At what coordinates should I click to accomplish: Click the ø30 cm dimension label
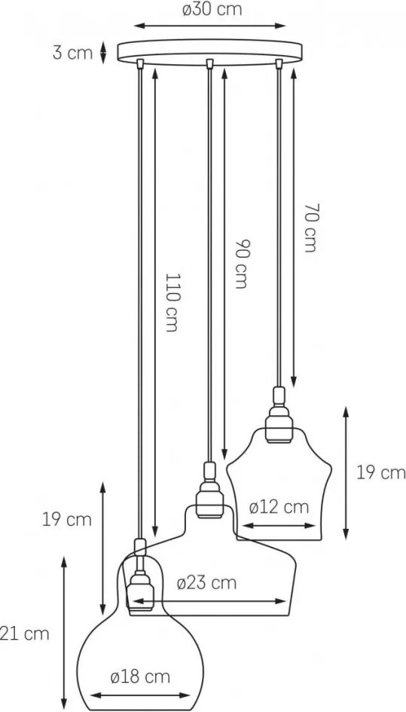pyautogui.click(x=212, y=10)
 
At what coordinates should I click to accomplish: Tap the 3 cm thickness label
pyautogui.click(x=72, y=53)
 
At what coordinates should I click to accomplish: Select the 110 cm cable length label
pyautogui.click(x=171, y=302)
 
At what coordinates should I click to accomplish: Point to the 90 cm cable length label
pyautogui.click(x=241, y=264)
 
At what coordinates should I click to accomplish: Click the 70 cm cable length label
pyautogui.click(x=310, y=227)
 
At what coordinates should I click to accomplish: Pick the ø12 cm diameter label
pyautogui.click(x=279, y=507)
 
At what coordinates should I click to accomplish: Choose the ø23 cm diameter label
pyautogui.click(x=206, y=583)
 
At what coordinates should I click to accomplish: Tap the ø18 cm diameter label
pyautogui.click(x=140, y=677)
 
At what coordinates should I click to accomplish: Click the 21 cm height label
pyautogui.click(x=24, y=634)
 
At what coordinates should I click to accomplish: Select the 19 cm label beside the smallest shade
pyautogui.click(x=380, y=473)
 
